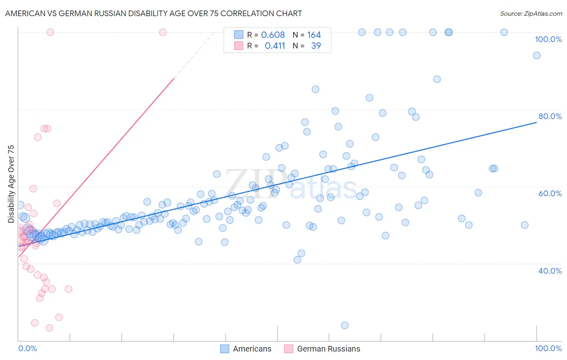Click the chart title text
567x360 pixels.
153,13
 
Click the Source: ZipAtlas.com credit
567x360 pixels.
531,13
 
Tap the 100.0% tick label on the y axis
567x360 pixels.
548,39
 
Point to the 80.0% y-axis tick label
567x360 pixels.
550,116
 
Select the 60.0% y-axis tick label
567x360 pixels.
550,193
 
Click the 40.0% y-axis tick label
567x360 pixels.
550,271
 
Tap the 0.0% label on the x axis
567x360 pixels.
27,348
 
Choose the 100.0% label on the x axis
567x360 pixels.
548,348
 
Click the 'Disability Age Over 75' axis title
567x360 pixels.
11,184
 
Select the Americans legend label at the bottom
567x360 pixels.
252,349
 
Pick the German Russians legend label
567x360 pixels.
329,349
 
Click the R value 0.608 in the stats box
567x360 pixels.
273,35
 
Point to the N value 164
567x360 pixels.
314,35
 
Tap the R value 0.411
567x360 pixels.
275,46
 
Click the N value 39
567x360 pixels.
316,46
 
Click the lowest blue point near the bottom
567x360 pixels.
345,325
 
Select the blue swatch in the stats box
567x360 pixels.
239,35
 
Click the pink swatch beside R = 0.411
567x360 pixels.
239,46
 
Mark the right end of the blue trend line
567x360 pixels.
536,122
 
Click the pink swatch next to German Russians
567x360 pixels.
288,349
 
